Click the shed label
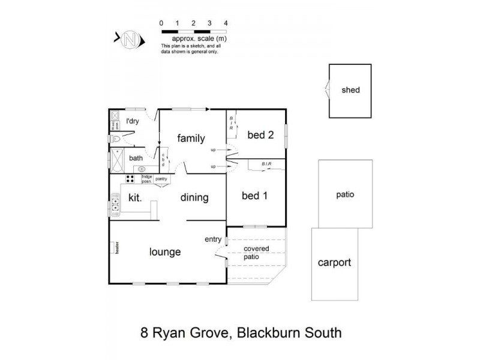point(350,90)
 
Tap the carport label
point(334,263)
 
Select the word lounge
point(164,252)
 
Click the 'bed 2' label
point(262,135)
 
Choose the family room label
point(191,139)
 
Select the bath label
point(136,158)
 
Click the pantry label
point(161,179)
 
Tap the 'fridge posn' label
point(146,178)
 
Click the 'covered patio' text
point(256,253)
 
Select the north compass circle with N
point(131,40)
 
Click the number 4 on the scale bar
point(225,23)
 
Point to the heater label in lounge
point(112,247)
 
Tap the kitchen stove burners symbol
point(130,179)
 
